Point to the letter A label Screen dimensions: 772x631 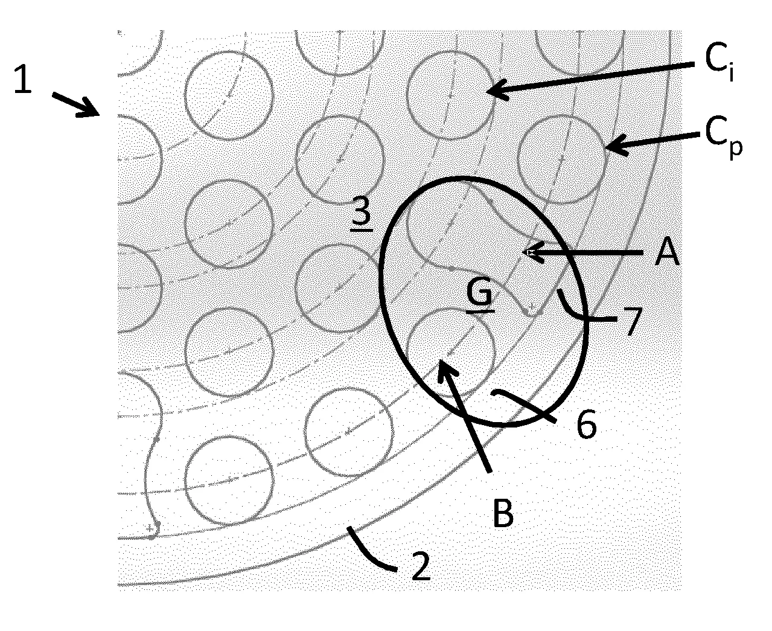[x=666, y=251]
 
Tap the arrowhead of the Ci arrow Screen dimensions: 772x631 [x=494, y=90]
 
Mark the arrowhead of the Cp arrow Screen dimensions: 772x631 [x=615, y=146]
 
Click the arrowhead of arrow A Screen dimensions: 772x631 [x=532, y=252]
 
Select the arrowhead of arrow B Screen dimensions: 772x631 [x=446, y=368]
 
